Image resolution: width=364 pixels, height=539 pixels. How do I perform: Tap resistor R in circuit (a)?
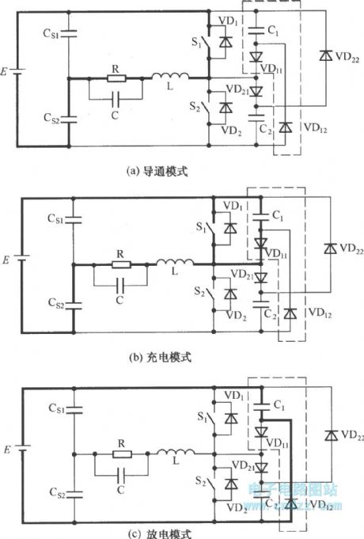116,78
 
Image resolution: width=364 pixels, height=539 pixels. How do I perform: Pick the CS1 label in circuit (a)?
52,34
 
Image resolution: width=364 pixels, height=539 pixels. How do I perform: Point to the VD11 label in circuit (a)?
271,70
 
